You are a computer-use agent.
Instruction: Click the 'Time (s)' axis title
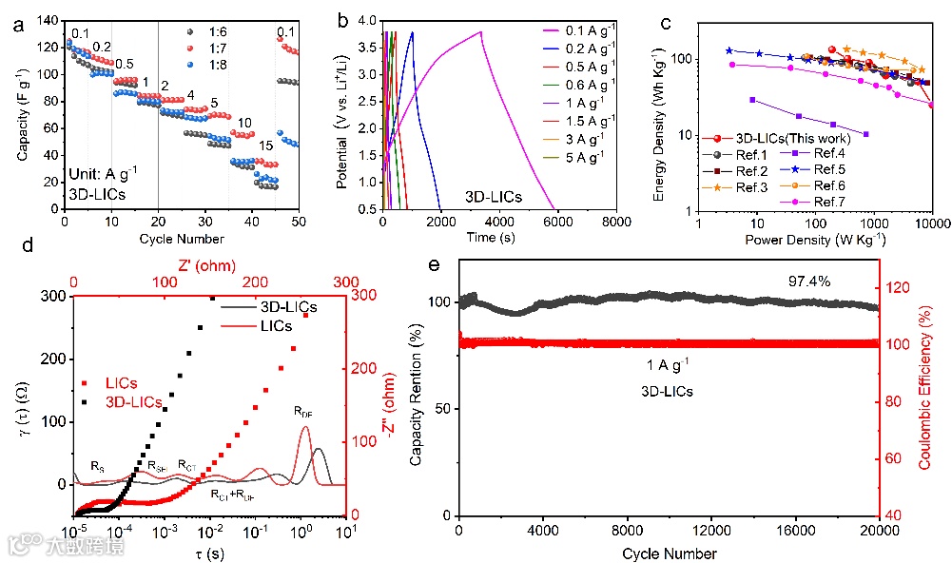click(498, 237)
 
